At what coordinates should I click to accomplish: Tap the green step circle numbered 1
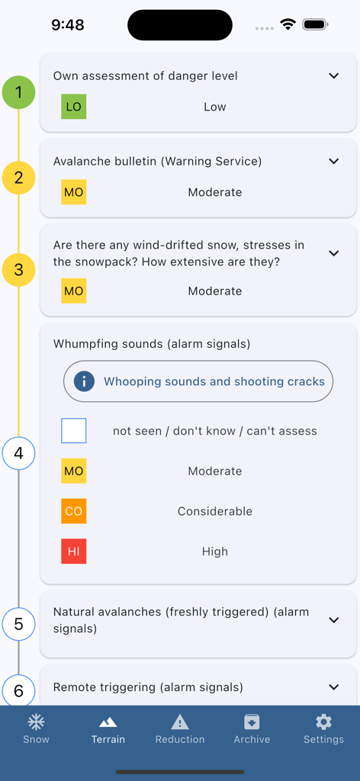[x=18, y=93]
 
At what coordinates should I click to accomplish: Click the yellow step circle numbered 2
[x=18, y=178]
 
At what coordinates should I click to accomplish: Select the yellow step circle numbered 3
[x=18, y=269]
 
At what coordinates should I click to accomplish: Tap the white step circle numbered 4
[x=18, y=453]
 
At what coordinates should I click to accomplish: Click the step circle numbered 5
[x=18, y=624]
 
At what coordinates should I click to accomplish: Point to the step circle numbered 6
[x=18, y=690]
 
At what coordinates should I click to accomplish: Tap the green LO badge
[x=74, y=107]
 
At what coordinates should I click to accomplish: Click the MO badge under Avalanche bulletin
[x=74, y=192]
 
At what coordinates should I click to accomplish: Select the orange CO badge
[x=74, y=511]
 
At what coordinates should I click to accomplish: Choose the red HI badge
[x=74, y=551]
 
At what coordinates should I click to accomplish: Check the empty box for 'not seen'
[x=74, y=431]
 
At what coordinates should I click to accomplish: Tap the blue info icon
[x=84, y=381]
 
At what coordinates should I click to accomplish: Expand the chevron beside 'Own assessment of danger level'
[x=333, y=76]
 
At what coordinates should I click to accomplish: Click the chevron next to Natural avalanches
[x=333, y=620]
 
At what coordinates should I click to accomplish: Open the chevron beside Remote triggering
[x=333, y=687]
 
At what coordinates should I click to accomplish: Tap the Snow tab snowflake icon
[x=36, y=722]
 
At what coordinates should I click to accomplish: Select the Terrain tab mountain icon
[x=108, y=722]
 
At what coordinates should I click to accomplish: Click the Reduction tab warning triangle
[x=180, y=722]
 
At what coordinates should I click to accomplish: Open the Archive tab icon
[x=252, y=722]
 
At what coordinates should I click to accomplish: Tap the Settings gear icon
[x=323, y=722]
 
